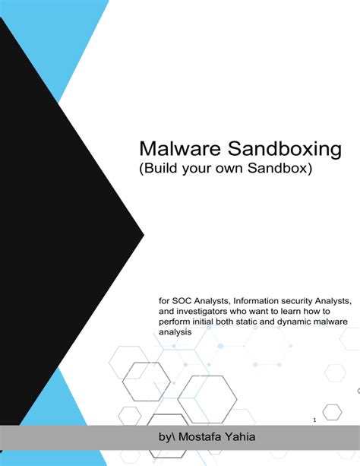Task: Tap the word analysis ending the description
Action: [x=176, y=332]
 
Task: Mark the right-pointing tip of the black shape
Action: [x=143, y=233]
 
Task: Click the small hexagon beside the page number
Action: [x=333, y=411]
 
